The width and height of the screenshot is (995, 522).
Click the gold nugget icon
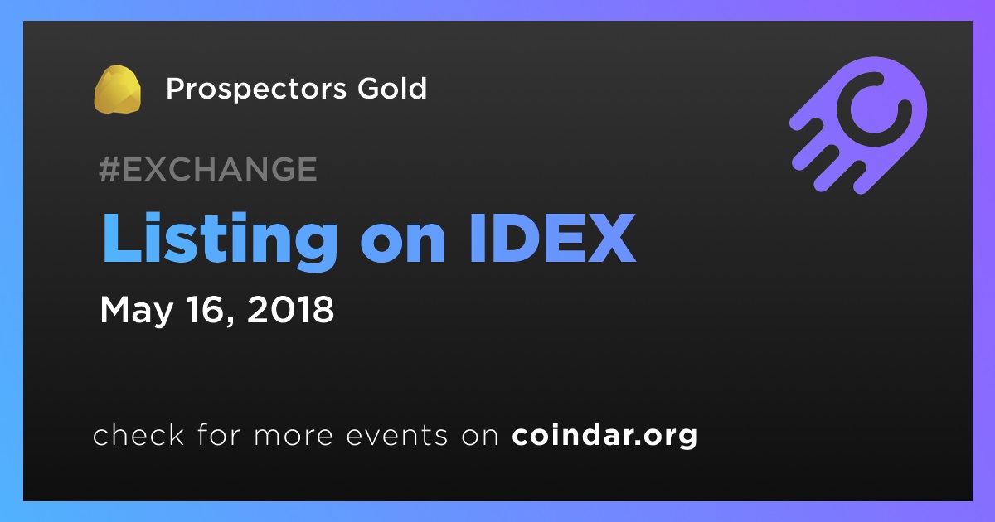tap(117, 89)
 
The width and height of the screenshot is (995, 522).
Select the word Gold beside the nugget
tap(391, 88)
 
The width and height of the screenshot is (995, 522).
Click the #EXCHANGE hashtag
tap(208, 169)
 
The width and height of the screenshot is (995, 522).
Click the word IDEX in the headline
tap(552, 239)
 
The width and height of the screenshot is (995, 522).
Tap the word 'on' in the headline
tap(402, 244)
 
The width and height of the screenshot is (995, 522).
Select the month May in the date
tap(136, 311)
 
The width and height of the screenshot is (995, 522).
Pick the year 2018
tap(290, 309)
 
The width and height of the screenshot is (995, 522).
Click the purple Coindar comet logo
tap(859, 126)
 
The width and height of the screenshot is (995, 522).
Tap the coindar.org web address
tap(604, 436)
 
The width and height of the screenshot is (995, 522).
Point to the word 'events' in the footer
tap(397, 436)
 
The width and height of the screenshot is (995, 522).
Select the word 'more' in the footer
tap(294, 436)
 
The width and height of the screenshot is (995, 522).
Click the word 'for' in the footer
tap(219, 434)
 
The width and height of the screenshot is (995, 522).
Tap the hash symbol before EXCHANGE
tap(109, 169)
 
